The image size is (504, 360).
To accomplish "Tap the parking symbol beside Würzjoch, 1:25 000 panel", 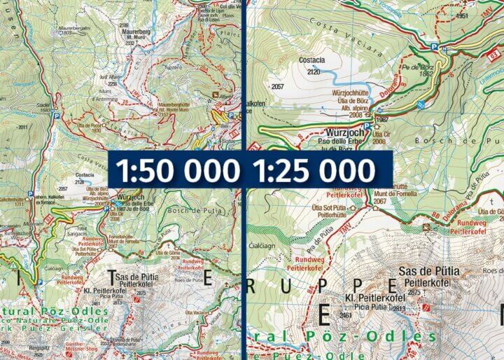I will coord(379,110).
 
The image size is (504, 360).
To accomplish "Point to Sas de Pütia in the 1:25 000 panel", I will coord(426,271).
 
